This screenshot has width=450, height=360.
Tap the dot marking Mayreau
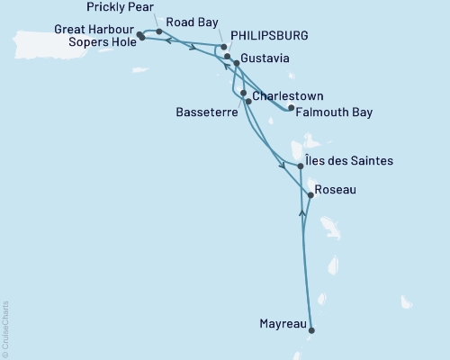pos(311,329)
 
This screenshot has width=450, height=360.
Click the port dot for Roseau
pos(310,194)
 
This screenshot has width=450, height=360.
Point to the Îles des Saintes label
pos(350,162)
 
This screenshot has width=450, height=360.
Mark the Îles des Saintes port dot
pos(301,166)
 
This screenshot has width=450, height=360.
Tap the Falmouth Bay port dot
pos(290,108)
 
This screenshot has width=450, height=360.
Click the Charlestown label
pos(287,95)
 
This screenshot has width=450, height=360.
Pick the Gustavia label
pos(266,59)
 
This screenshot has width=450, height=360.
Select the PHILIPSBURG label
pos(270,35)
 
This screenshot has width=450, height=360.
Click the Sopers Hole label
pos(102,41)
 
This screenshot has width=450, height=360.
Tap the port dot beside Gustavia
pos(237,64)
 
